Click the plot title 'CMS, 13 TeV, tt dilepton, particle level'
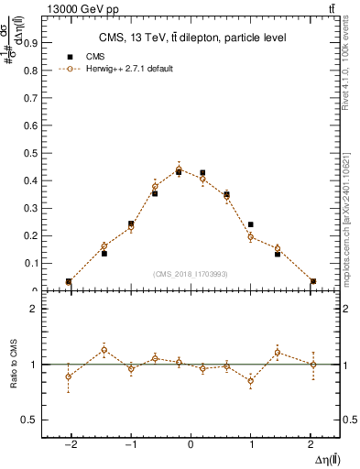coord(192,38)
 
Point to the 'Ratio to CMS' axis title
coord(14,365)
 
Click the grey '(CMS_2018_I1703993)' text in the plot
coord(191,274)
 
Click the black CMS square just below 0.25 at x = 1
coord(250,224)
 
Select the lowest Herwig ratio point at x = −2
coord(69,376)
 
